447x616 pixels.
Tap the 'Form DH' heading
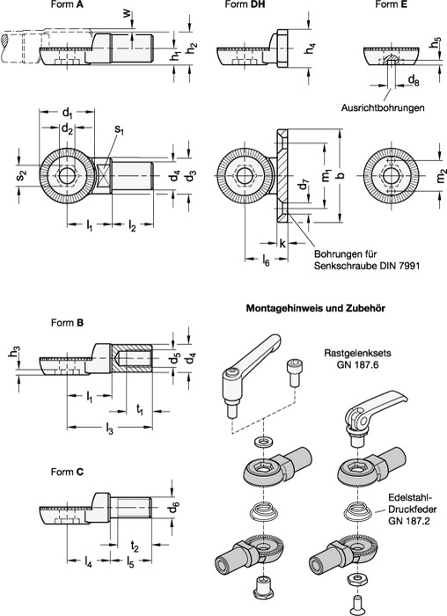[245, 4]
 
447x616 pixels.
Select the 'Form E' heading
[392, 4]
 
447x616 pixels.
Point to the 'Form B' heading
[67, 323]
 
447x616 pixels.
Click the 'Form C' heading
[67, 472]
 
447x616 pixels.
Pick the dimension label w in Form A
[126, 12]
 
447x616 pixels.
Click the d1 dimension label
[68, 114]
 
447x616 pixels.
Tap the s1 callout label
[120, 130]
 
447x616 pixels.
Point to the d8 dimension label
[414, 81]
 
